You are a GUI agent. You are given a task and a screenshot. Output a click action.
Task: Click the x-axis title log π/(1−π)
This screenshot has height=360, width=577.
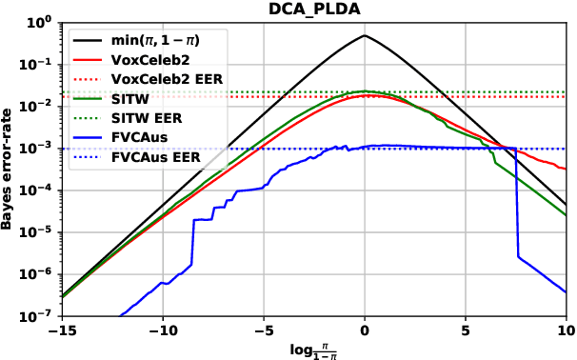[313, 348]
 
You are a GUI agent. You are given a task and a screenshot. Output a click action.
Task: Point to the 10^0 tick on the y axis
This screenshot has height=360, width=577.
[42, 22]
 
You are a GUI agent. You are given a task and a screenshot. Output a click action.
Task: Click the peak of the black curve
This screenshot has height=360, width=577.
[364, 35]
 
